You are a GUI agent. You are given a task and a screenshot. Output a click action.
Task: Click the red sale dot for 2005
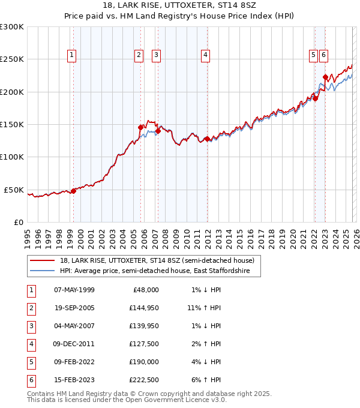[141, 127]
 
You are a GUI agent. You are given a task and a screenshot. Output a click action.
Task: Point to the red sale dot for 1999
[73, 191]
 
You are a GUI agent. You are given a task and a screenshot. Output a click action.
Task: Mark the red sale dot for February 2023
[325, 77]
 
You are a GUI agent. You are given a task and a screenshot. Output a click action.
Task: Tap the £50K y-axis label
[14, 190]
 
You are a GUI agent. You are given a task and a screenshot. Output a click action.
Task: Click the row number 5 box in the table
[30, 362]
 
